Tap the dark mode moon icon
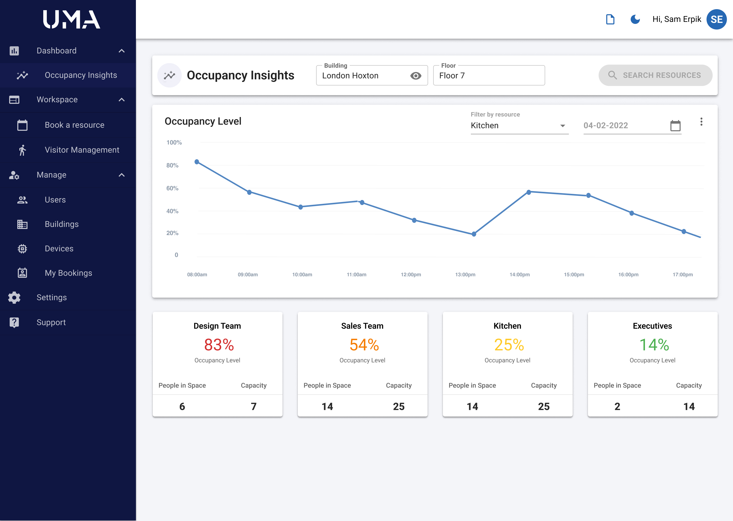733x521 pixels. (635, 19)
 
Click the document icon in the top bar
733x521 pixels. (610, 19)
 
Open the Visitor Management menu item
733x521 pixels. (82, 150)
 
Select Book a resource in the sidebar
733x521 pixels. (75, 125)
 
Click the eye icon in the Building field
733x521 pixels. (416, 76)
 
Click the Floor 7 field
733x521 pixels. (488, 76)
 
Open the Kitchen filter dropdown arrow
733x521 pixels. (562, 126)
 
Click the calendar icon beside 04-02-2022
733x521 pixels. (675, 125)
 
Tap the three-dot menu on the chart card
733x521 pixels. (701, 122)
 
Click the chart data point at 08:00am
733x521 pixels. (197, 162)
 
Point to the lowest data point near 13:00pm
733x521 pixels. (474, 234)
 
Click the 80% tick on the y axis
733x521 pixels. (172, 165)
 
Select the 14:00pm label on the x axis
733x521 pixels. (519, 274)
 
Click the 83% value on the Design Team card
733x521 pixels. (219, 345)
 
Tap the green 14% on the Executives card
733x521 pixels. (654, 345)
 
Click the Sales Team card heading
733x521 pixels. (362, 326)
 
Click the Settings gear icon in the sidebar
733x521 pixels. (14, 297)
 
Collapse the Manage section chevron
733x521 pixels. (122, 175)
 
